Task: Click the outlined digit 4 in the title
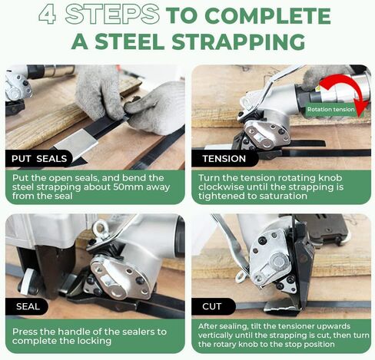click(x=47, y=15)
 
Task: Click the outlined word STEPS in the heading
click(x=112, y=15)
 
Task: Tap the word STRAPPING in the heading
click(x=238, y=41)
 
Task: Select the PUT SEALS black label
click(x=39, y=159)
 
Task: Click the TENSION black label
click(x=224, y=159)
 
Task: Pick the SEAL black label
click(x=27, y=306)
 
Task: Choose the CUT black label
click(x=213, y=306)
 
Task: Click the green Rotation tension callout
click(x=331, y=110)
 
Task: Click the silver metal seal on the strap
click(x=76, y=143)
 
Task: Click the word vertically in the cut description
click(x=214, y=335)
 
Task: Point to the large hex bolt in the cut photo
click(x=279, y=262)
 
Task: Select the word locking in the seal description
click(x=95, y=341)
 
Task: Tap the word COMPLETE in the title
click(x=268, y=16)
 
